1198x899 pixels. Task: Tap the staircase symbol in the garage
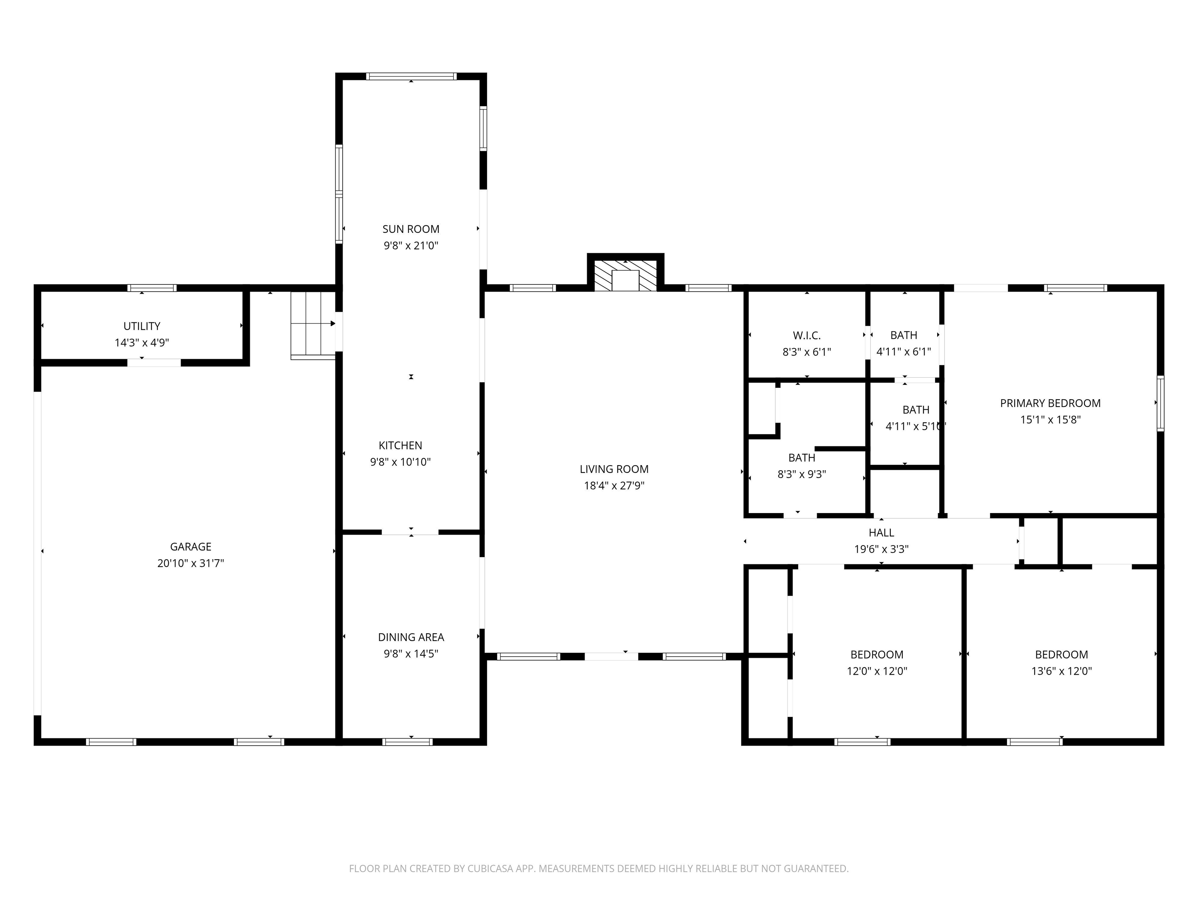313,325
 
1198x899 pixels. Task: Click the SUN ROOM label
411,229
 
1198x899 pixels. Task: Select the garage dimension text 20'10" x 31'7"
191,563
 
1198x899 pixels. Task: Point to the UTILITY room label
142,326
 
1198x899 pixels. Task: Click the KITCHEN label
400,446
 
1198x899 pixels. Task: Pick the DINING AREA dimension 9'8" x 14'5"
411,654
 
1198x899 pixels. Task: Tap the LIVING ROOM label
614,469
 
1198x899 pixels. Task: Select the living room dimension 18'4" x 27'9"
614,485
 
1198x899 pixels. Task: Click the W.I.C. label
807,336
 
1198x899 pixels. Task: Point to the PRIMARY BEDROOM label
1050,403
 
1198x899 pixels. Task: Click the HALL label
881,533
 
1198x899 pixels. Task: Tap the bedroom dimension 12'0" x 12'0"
877,671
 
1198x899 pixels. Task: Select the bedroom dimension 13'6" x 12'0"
1062,671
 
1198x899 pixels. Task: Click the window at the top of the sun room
411,76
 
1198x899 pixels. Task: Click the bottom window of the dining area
407,742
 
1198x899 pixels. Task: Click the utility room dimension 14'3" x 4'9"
142,343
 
